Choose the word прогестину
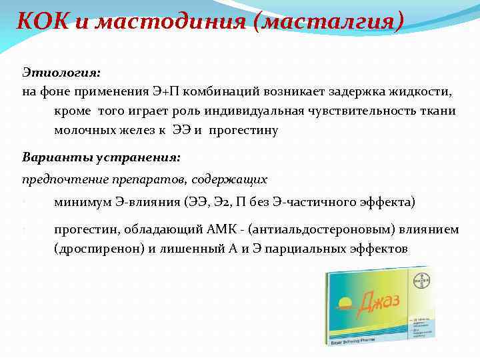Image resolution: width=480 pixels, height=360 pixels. tap(243, 130)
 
